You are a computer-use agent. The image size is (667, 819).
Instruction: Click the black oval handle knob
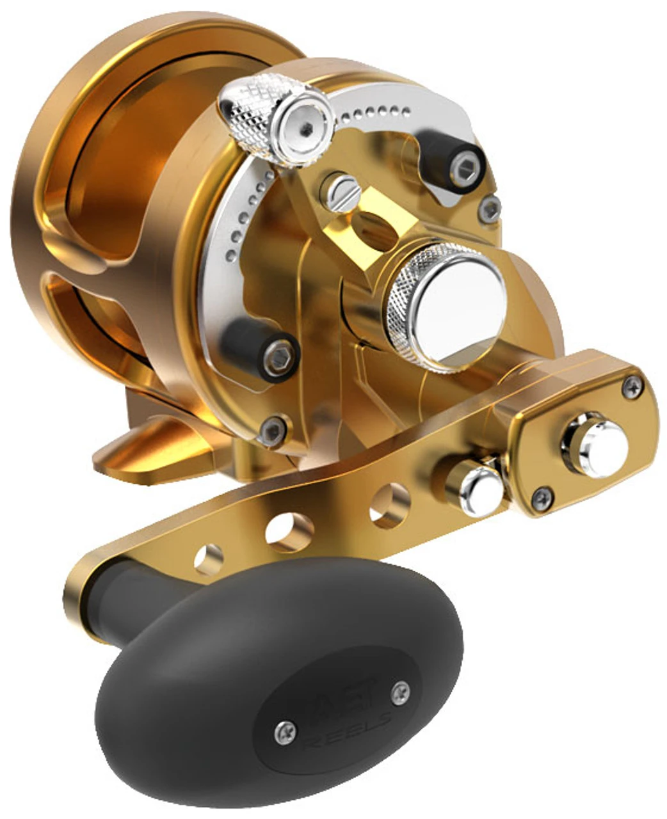275,678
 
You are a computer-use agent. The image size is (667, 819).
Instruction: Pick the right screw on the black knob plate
401,689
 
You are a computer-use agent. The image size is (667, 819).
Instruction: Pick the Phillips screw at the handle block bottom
542,497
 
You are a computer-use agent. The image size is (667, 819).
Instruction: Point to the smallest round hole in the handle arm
209,559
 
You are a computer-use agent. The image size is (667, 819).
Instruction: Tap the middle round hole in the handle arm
290,531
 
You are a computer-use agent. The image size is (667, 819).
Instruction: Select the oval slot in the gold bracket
376,232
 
